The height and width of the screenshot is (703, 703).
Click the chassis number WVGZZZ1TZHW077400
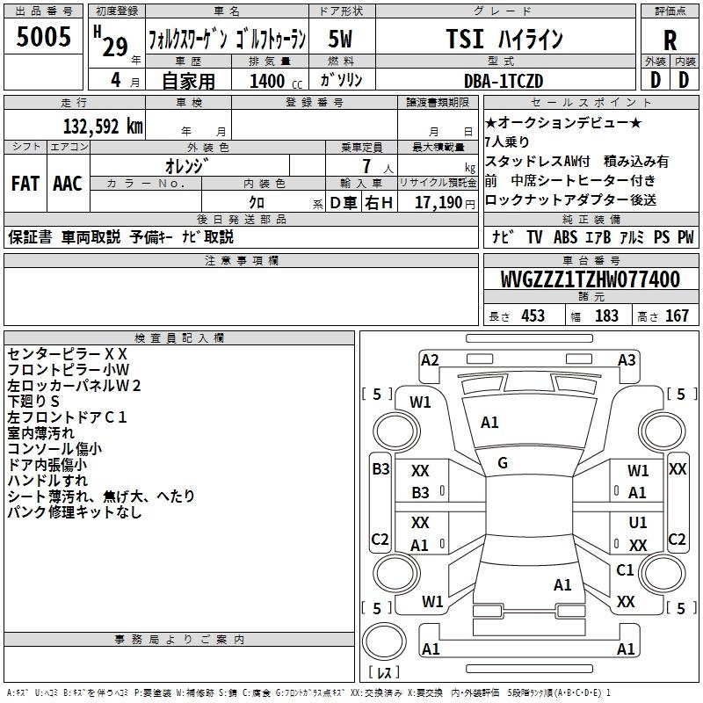point(590,280)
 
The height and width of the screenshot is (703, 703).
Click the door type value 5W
point(341,39)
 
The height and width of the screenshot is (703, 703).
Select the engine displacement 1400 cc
point(269,81)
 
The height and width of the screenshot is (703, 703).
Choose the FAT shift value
point(25,184)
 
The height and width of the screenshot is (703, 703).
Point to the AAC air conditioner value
point(68,184)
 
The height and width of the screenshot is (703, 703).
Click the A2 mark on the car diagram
point(430,359)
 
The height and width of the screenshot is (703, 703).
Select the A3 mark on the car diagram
point(627,359)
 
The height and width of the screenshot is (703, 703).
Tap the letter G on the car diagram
point(503,463)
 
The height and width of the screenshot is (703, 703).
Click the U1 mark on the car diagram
point(638,523)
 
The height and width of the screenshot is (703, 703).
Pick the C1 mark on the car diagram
point(625,570)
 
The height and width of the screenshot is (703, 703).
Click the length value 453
point(532,315)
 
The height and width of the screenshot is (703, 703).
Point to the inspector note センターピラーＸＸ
point(68,353)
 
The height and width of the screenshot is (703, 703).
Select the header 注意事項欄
point(242,261)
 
